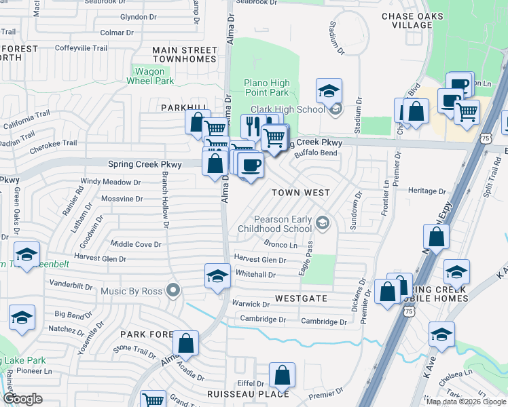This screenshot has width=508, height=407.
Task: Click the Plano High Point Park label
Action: click(x=266, y=88)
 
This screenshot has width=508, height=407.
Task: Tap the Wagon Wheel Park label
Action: click(x=150, y=75)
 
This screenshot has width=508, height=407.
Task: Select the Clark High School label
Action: click(x=288, y=109)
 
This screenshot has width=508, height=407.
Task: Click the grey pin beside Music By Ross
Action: click(x=173, y=290)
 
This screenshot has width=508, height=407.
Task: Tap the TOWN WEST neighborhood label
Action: click(x=301, y=193)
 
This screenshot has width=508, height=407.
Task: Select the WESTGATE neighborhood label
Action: click(x=301, y=298)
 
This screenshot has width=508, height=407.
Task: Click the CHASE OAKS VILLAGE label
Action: click(x=412, y=20)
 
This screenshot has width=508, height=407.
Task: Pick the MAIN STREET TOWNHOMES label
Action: click(x=184, y=54)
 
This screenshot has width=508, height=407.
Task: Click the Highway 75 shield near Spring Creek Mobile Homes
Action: click(x=408, y=311)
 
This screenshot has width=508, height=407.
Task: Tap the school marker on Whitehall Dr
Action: click(x=217, y=276)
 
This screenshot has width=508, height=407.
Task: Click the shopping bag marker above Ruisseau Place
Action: click(x=282, y=374)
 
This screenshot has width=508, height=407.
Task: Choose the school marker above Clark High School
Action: click(x=329, y=91)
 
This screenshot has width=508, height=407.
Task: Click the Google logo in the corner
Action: click(x=22, y=399)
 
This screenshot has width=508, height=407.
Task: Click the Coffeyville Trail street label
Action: click(x=81, y=48)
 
